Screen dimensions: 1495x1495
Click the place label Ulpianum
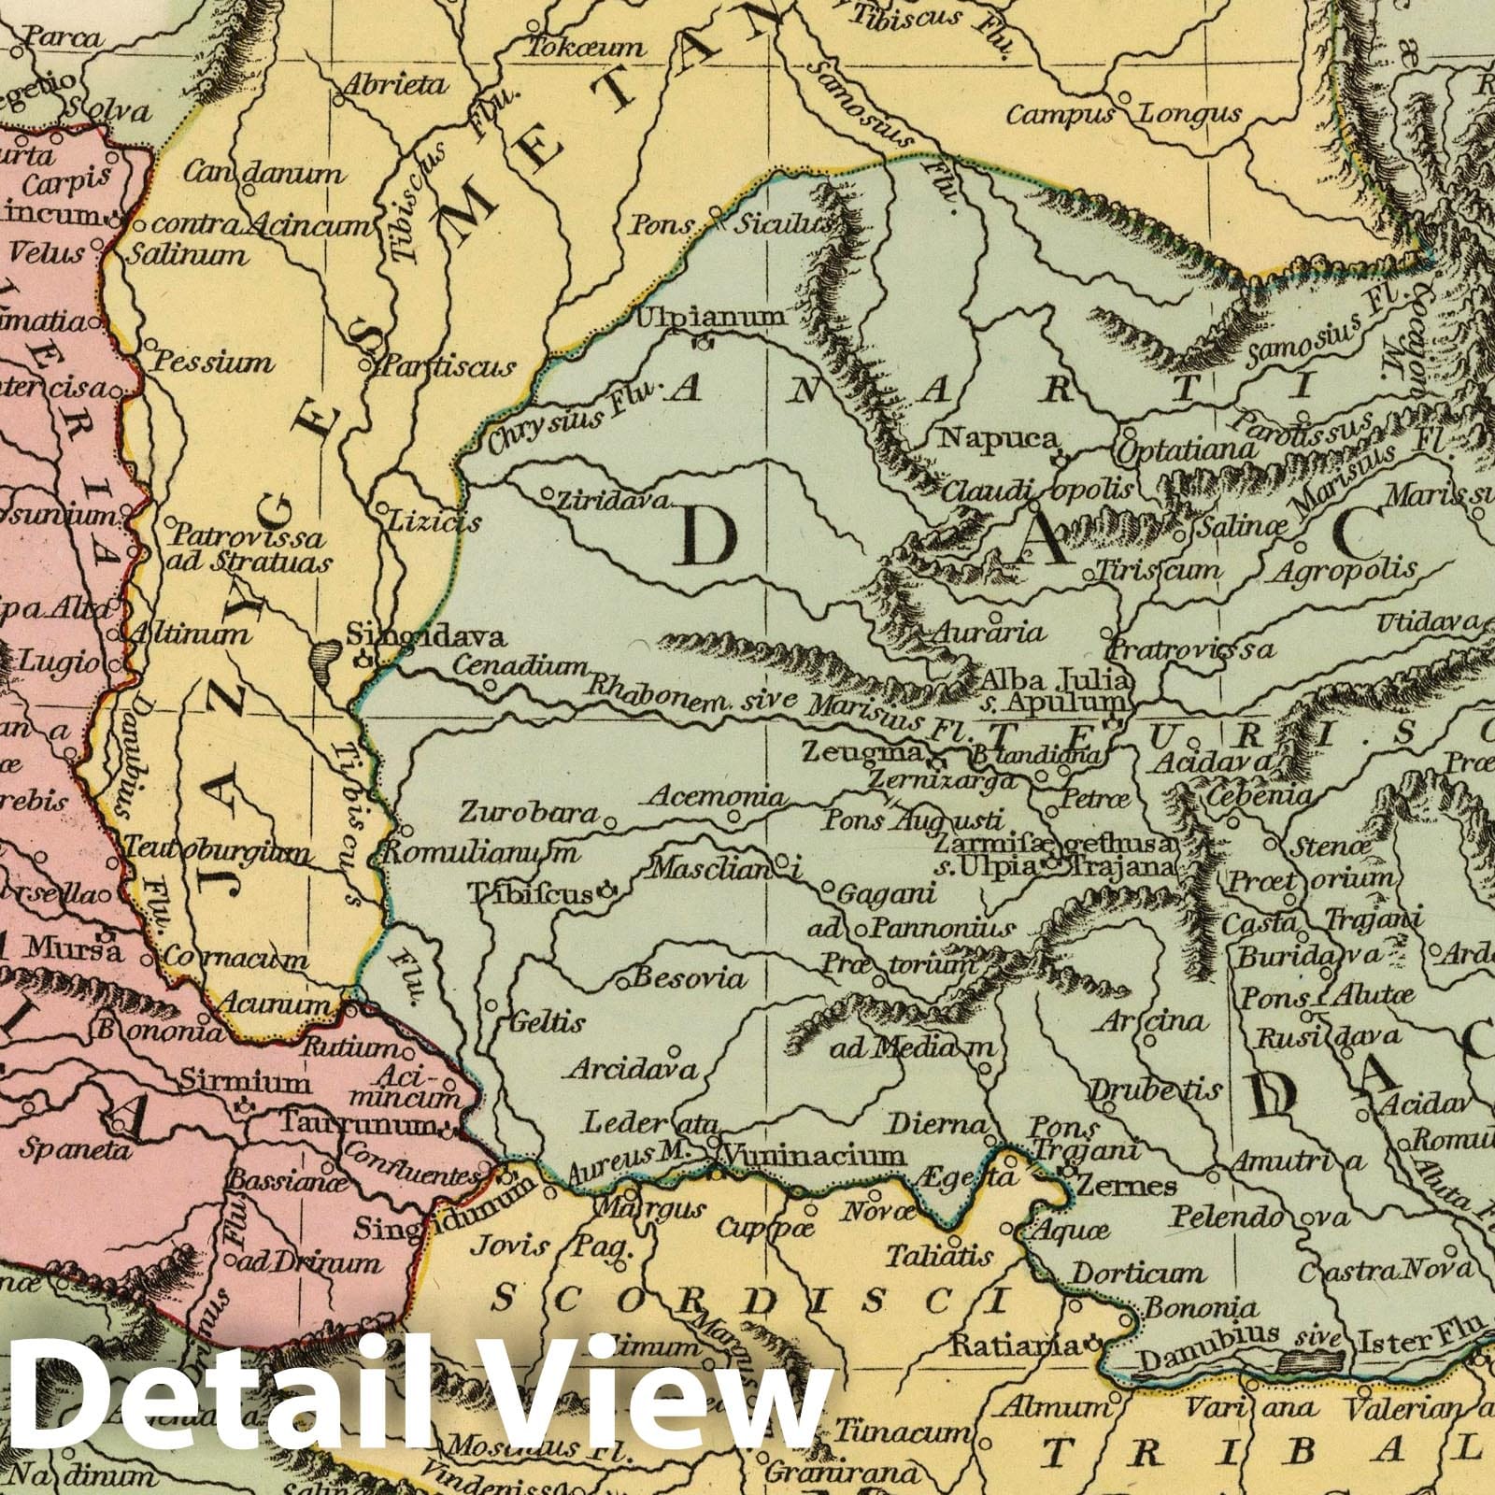[710, 318]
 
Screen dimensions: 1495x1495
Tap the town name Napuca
[998, 438]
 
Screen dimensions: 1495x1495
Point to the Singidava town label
[426, 638]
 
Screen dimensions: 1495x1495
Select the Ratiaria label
[1016, 1345]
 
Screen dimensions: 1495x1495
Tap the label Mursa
[73, 950]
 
